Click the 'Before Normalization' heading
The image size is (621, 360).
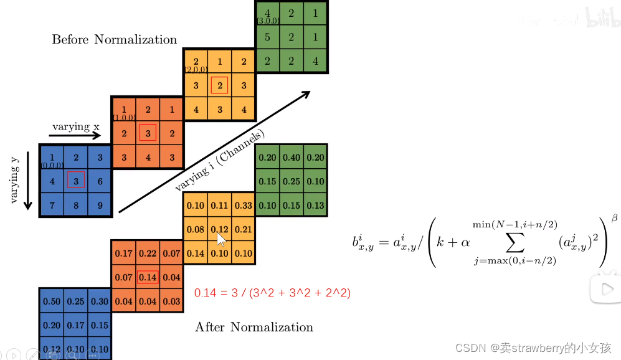point(115,40)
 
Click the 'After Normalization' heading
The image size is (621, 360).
point(254,327)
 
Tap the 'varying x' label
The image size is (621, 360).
point(75,127)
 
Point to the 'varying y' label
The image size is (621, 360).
point(15,181)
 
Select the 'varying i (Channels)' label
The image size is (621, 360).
point(219,161)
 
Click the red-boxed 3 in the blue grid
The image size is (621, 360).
point(76,181)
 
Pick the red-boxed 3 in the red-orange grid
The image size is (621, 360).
point(148,133)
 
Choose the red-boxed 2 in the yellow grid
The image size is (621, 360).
point(219,85)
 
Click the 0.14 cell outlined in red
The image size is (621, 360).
point(148,277)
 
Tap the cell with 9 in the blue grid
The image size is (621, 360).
point(100,204)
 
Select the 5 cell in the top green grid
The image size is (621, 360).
point(267,37)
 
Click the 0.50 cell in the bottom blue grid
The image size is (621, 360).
point(52,301)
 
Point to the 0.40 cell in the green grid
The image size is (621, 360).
point(292,158)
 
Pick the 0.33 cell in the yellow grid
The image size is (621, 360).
point(244,206)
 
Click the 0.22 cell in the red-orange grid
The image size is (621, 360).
point(148,253)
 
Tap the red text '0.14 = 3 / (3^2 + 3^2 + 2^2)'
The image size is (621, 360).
point(272,293)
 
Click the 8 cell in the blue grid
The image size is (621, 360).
point(76,204)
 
